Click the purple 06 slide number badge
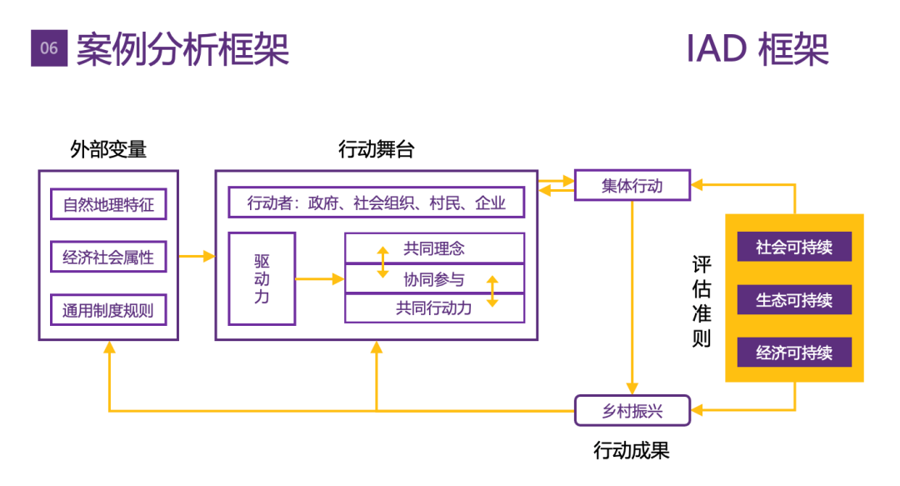pyautogui.click(x=49, y=48)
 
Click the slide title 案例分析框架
pyautogui.click(x=182, y=49)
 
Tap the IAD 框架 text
pyautogui.click(x=757, y=49)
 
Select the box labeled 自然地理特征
pyautogui.click(x=108, y=204)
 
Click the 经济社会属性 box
pyautogui.click(x=108, y=257)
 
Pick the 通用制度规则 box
pyautogui.click(x=108, y=311)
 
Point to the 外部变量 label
pyautogui.click(x=108, y=150)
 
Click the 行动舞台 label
pyautogui.click(x=376, y=150)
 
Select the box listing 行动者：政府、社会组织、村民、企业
pyautogui.click(x=377, y=203)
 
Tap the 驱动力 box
pyautogui.click(x=262, y=278)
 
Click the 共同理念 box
pyautogui.click(x=434, y=248)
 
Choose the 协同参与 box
pyautogui.click(x=434, y=278)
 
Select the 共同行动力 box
pyautogui.click(x=434, y=308)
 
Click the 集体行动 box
pyautogui.click(x=632, y=185)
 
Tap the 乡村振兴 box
pyautogui.click(x=632, y=410)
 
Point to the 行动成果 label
pyautogui.click(x=632, y=451)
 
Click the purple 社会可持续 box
pyautogui.click(x=794, y=248)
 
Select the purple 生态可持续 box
pyautogui.click(x=794, y=300)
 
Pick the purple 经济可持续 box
pyautogui.click(x=794, y=353)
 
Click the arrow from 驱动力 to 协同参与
pyautogui.click(x=320, y=278)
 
